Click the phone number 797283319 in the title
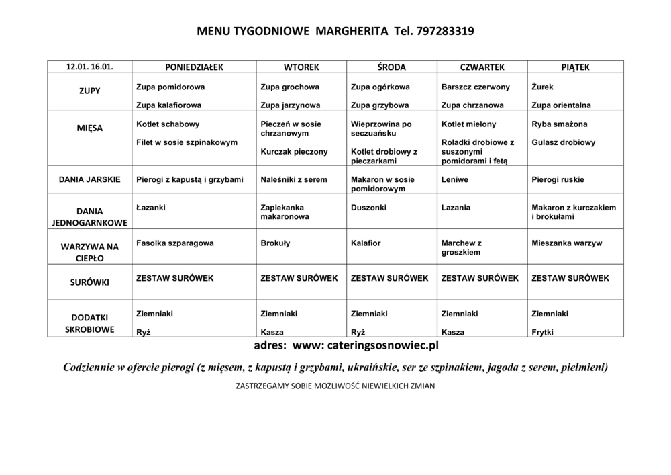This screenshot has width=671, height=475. (x=445, y=31)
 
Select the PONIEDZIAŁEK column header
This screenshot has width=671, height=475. (x=194, y=67)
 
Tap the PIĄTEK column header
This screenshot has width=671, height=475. (x=575, y=67)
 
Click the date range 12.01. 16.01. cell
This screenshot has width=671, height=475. (x=89, y=67)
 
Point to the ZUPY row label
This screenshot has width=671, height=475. (x=89, y=91)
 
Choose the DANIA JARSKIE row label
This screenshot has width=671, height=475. (x=89, y=179)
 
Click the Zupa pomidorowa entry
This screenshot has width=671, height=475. (x=170, y=87)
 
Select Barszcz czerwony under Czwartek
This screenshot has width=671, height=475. (x=476, y=87)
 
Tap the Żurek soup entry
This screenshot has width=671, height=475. (x=542, y=87)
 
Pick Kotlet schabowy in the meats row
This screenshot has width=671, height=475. (x=168, y=124)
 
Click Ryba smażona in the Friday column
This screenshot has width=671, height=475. (x=559, y=124)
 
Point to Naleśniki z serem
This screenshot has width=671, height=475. (x=294, y=179)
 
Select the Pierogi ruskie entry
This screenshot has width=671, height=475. (x=558, y=179)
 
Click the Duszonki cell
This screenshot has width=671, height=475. (x=368, y=208)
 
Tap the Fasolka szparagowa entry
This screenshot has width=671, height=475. (x=174, y=243)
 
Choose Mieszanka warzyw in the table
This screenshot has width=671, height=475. (x=567, y=243)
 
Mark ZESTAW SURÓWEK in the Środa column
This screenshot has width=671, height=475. (x=389, y=277)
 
